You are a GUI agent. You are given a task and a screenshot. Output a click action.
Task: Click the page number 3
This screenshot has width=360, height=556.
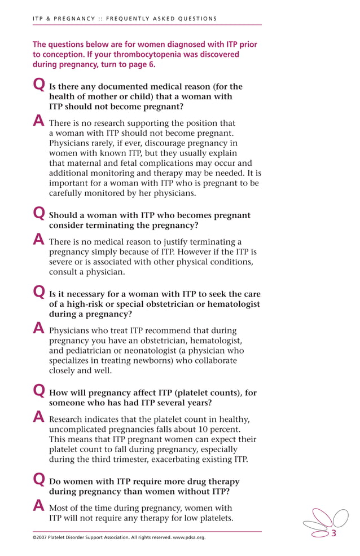[x=333, y=533]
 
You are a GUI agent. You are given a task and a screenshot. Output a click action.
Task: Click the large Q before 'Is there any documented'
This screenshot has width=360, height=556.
[x=39, y=85]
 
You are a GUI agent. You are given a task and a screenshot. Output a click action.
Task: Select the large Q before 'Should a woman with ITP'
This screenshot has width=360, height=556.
[x=39, y=213]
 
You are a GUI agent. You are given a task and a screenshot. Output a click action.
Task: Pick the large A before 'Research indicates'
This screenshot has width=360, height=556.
[x=39, y=417]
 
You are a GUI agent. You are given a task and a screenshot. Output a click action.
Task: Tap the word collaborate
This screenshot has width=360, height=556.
[x=211, y=361]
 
